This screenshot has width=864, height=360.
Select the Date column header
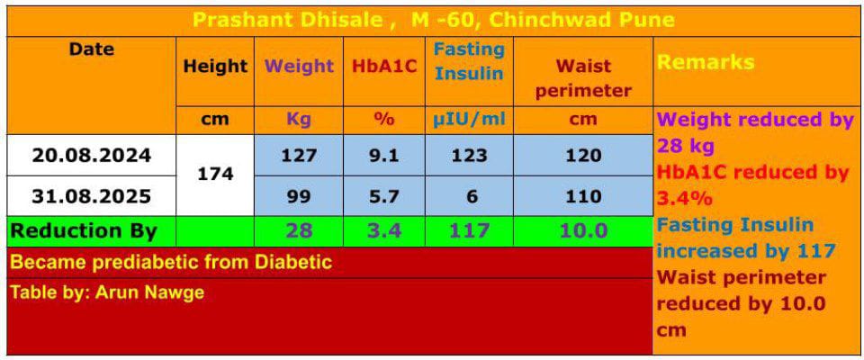(92, 50)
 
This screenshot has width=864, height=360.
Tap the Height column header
(215, 67)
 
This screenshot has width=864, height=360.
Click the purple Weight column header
(299, 67)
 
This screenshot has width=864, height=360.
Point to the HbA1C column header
(384, 67)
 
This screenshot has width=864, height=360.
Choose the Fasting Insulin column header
(469, 61)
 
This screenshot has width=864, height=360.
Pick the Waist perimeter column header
(583, 78)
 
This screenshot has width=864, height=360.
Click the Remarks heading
(706, 63)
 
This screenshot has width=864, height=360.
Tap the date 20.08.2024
(92, 156)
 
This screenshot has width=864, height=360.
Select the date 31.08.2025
(92, 196)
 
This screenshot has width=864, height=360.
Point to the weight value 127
(299, 156)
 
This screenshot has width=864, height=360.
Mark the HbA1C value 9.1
(384, 156)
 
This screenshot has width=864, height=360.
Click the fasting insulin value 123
(469, 156)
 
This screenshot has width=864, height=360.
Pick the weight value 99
(299, 196)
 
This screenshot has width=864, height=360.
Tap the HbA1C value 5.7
(384, 196)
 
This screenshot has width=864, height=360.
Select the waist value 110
(583, 196)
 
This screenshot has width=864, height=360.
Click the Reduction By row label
(84, 231)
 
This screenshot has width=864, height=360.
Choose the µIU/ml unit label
(469, 119)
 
